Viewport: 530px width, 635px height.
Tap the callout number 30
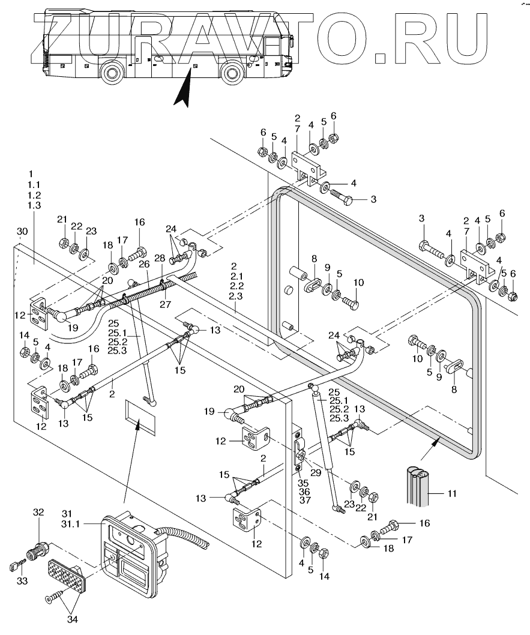tap(22, 232)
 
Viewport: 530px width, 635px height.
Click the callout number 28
tap(160, 258)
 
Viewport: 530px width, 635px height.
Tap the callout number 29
tap(316, 473)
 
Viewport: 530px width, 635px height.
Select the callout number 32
tap(38, 512)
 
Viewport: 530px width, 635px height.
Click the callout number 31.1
tap(70, 524)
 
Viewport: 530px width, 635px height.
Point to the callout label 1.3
tap(34, 205)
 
